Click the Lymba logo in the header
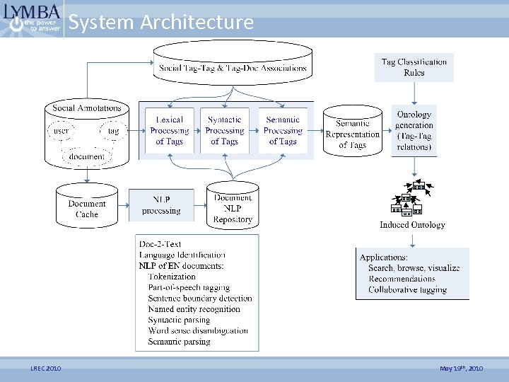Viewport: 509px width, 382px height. click(x=31, y=19)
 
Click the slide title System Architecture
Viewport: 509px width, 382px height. click(x=161, y=23)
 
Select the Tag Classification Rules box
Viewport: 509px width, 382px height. click(x=414, y=67)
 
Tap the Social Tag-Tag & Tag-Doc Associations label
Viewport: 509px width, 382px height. click(x=233, y=69)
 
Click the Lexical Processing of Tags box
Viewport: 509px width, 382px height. click(x=170, y=131)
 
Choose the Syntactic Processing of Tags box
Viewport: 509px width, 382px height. click(x=226, y=131)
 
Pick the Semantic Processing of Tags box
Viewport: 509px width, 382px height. click(x=283, y=131)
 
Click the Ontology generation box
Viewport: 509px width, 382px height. click(x=414, y=131)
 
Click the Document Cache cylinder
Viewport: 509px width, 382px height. click(x=87, y=208)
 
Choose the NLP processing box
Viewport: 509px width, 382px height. click(x=161, y=205)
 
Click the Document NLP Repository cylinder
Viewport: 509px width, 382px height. click(x=233, y=208)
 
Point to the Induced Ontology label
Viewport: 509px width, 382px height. click(x=412, y=225)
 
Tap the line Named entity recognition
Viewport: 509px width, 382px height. click(x=194, y=309)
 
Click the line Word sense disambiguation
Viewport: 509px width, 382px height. click(x=198, y=330)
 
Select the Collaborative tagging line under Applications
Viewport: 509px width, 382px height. click(x=407, y=289)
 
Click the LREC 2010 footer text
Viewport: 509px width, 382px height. click(x=45, y=369)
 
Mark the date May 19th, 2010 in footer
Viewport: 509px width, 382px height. click(x=461, y=369)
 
